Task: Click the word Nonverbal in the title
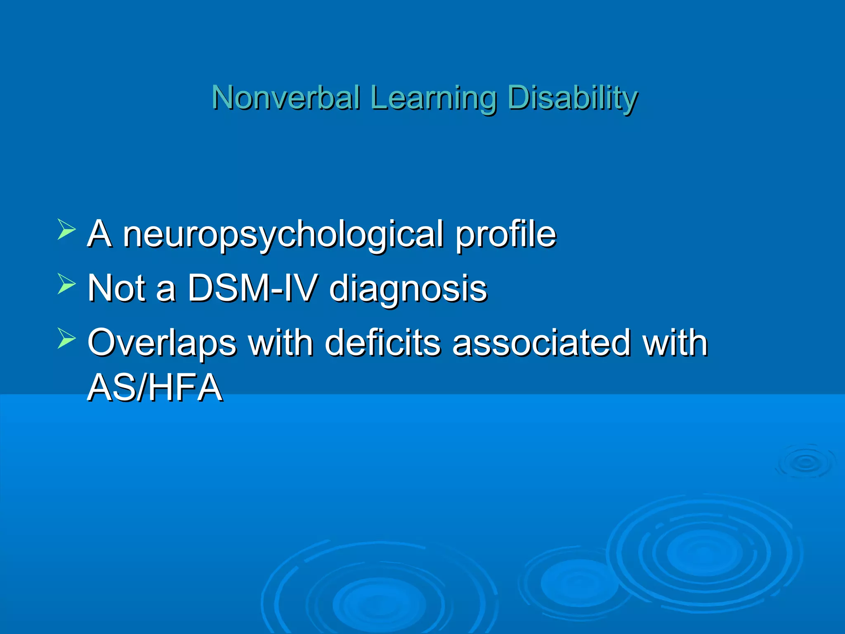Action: coord(286,98)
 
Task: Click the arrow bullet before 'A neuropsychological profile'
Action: coord(66,229)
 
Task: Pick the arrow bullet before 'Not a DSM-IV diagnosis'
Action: coord(66,284)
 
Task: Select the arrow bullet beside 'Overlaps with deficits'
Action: coord(66,338)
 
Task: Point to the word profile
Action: coord(506,234)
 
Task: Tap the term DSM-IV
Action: coord(253,288)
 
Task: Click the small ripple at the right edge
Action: coord(805,462)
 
